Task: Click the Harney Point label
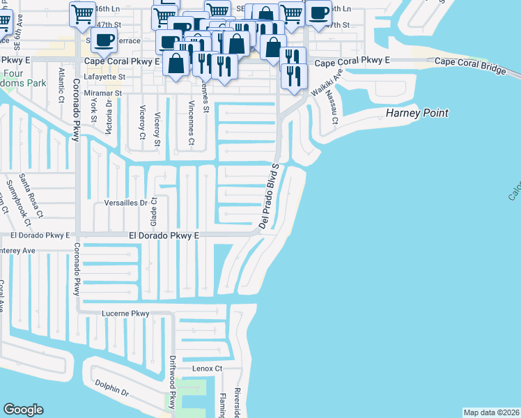417,113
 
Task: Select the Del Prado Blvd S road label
268,196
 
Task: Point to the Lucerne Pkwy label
125,313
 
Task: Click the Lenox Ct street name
208,368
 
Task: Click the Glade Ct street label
154,210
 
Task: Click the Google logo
23,410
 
